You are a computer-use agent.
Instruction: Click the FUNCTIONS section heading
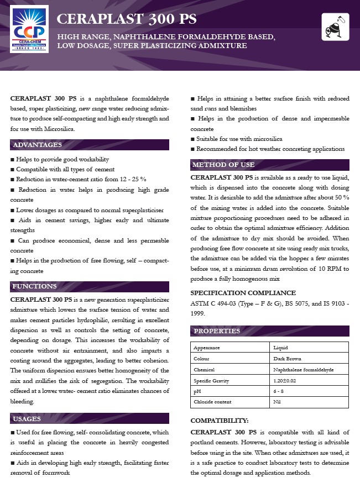tap(35, 286)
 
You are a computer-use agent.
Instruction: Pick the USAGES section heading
tap(28, 419)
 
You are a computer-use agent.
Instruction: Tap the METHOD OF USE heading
tap(223, 165)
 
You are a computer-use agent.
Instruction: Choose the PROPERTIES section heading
tap(217, 331)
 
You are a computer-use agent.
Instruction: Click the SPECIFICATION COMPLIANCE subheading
tap(243, 293)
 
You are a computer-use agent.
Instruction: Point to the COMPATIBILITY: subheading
tap(220, 420)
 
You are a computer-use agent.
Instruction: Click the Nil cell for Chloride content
tap(277, 402)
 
